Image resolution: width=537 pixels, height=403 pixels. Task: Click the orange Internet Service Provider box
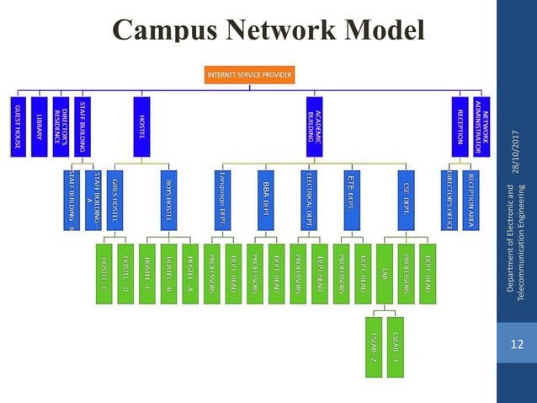[250, 75]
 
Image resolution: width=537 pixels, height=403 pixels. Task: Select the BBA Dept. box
[265, 200]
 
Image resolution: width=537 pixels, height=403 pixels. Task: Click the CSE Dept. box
[406, 200]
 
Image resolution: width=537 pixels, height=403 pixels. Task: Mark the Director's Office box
[449, 200]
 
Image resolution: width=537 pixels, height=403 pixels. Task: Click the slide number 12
[517, 345]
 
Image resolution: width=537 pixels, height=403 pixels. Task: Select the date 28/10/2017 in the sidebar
[517, 148]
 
